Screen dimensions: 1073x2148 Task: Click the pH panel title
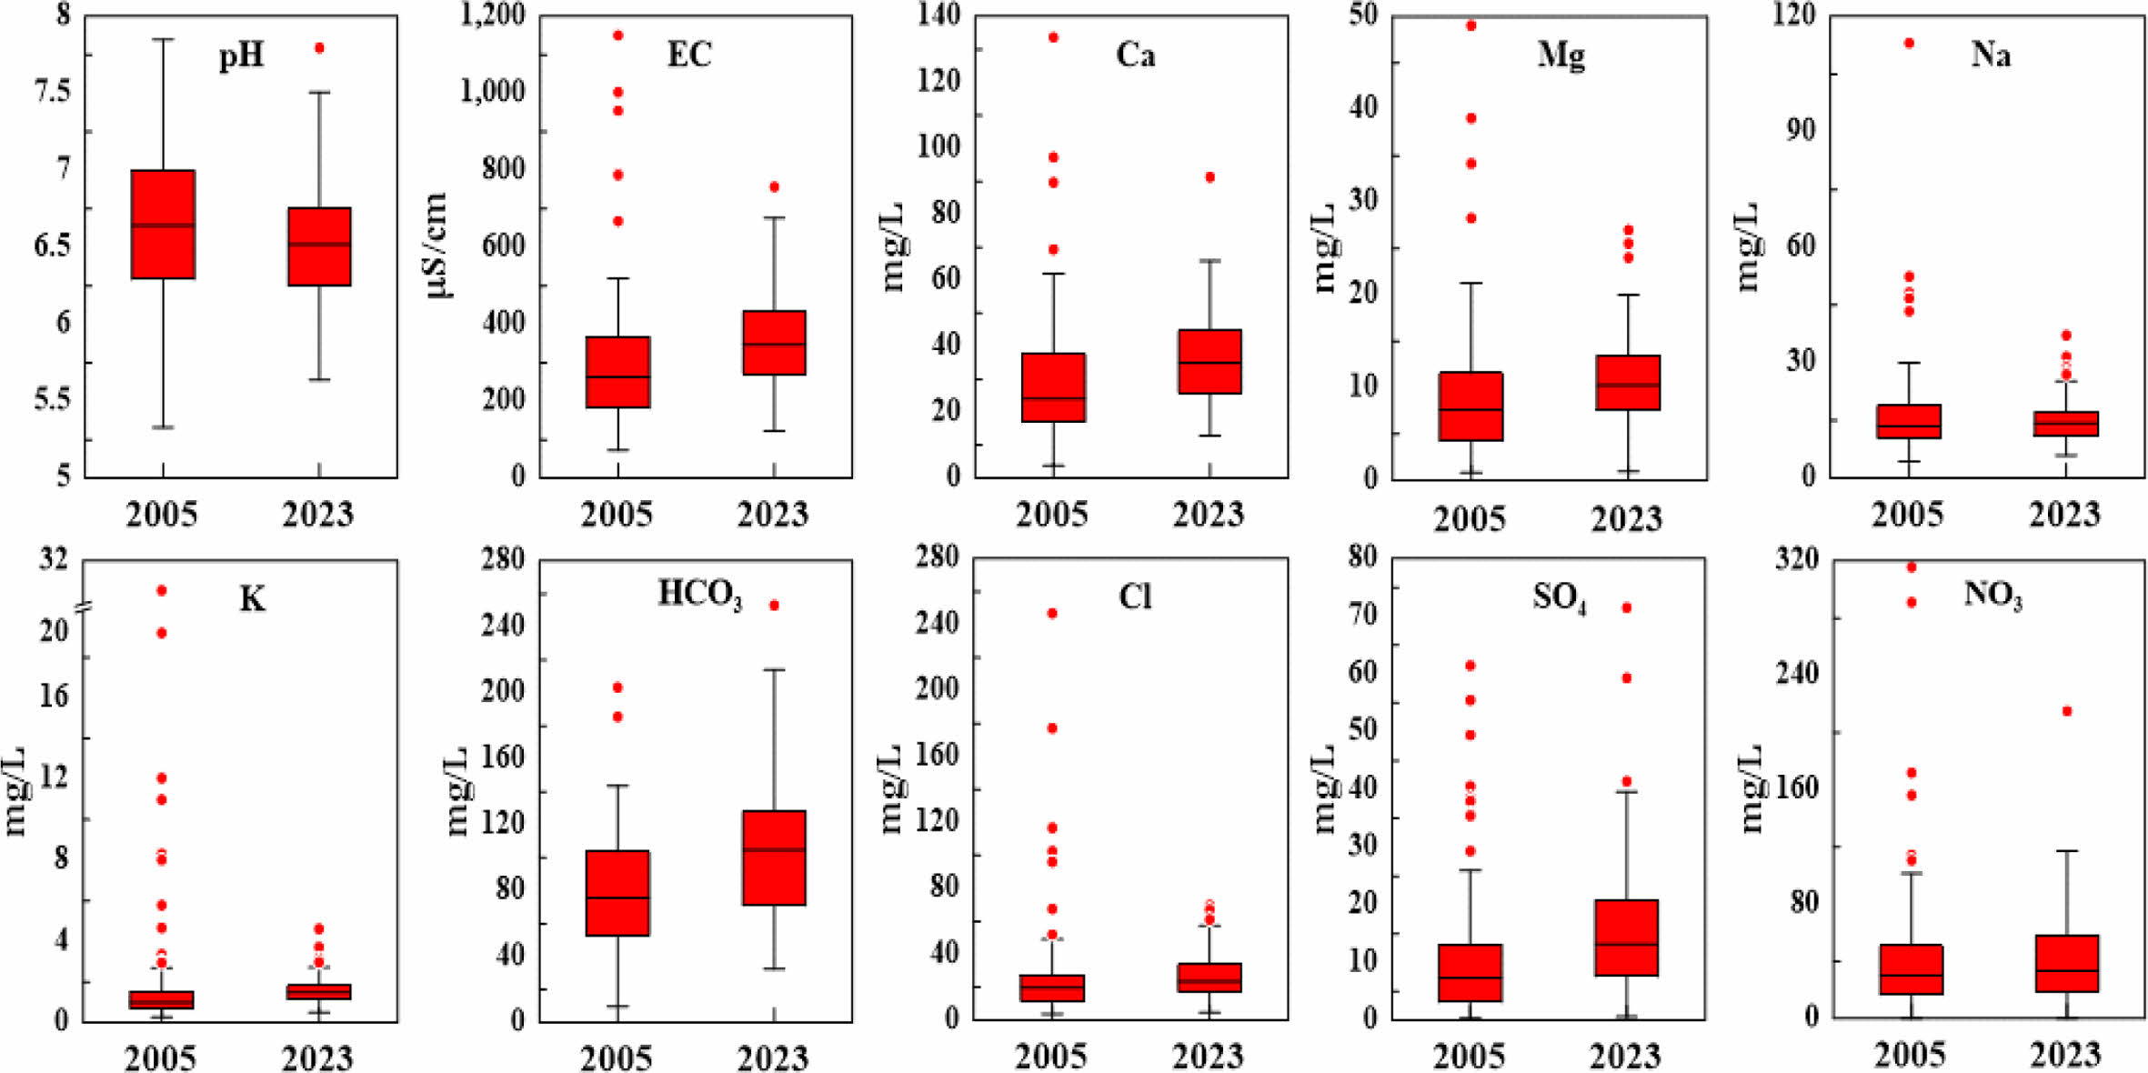pyautogui.click(x=241, y=56)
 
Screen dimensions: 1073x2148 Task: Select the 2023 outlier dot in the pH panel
pyautogui.click(x=319, y=48)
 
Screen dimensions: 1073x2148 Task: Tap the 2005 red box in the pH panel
pyautogui.click(x=163, y=224)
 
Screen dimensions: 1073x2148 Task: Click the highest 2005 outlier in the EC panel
pyautogui.click(x=618, y=35)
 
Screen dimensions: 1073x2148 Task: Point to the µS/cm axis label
pyautogui.click(x=437, y=246)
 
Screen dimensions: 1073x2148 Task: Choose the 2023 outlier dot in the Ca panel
pyautogui.click(x=1210, y=177)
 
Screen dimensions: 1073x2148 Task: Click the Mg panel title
pyautogui.click(x=1561, y=56)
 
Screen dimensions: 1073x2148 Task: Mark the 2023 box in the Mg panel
pyautogui.click(x=1627, y=383)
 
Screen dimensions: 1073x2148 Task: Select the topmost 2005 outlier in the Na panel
pyautogui.click(x=1909, y=43)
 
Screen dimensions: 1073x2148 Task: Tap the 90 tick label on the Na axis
pyautogui.click(x=1794, y=130)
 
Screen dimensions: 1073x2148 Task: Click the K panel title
pyautogui.click(x=252, y=600)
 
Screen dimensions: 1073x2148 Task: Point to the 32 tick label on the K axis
pyautogui.click(x=54, y=558)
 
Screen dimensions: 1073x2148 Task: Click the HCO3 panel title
pyautogui.click(x=699, y=596)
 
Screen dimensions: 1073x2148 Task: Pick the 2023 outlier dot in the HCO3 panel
pyautogui.click(x=774, y=606)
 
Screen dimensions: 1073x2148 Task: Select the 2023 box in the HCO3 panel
pyautogui.click(x=774, y=857)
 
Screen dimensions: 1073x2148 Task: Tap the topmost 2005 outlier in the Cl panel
pyautogui.click(x=1052, y=614)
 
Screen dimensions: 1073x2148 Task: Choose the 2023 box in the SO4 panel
pyautogui.click(x=1627, y=938)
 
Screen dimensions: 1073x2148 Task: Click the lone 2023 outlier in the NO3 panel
pyautogui.click(x=2067, y=711)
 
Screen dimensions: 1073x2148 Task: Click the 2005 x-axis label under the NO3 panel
pyautogui.click(x=1910, y=1055)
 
